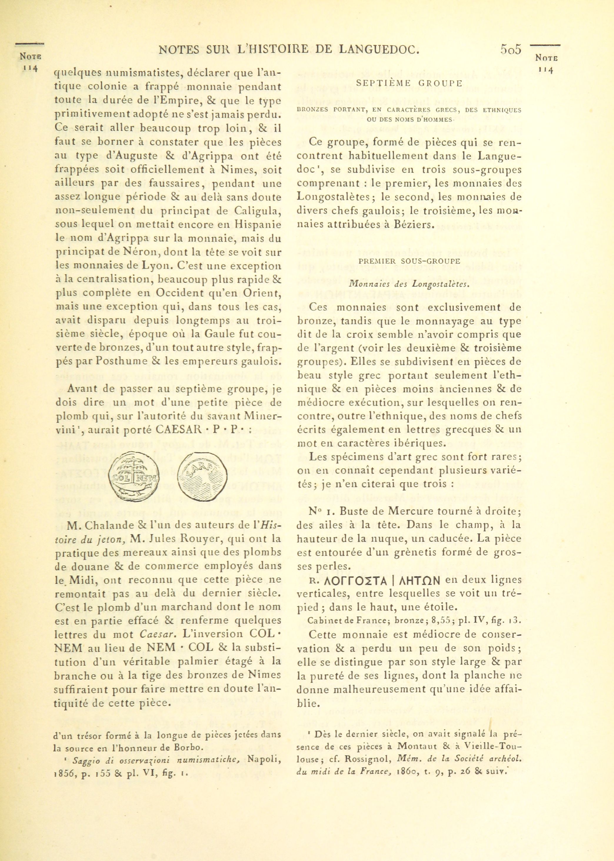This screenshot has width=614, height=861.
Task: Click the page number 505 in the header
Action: tap(511, 49)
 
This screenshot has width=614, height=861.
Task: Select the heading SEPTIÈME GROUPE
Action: tap(410, 84)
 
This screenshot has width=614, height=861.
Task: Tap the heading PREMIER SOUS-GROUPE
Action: tap(410, 261)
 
